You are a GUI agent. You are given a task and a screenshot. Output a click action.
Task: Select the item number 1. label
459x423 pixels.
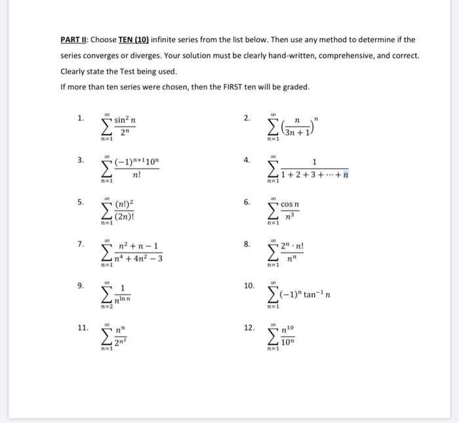[80, 119]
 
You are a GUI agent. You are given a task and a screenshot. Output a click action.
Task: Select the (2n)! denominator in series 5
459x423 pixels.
[125, 217]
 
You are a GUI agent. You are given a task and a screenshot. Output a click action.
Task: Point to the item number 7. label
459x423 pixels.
[80, 245]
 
